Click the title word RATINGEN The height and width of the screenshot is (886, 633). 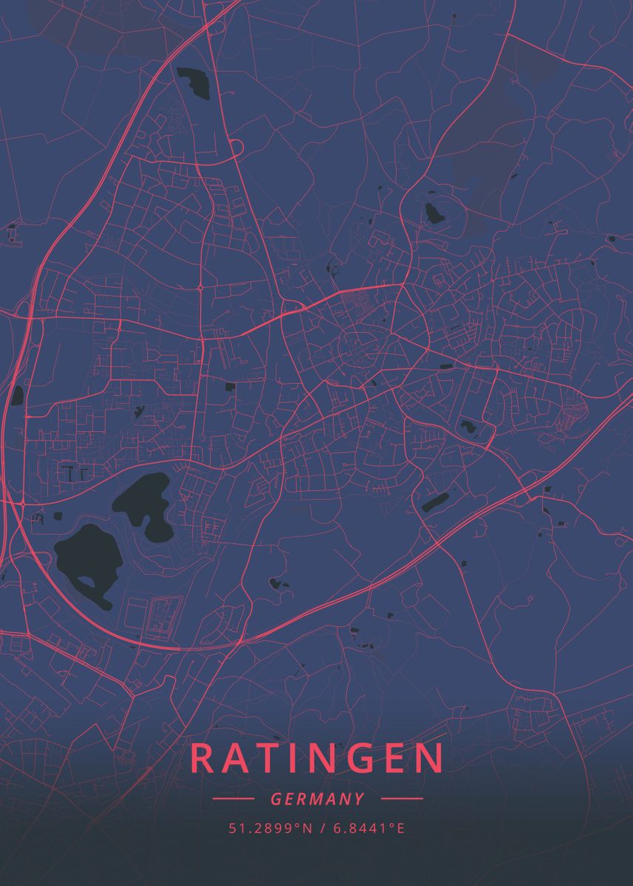click(318, 758)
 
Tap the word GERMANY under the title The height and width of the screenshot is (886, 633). click(318, 799)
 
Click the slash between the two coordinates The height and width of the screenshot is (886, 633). click(323, 828)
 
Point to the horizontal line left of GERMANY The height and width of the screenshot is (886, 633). click(233, 798)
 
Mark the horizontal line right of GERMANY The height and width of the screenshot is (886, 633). click(402, 798)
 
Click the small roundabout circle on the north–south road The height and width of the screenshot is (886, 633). click(200, 288)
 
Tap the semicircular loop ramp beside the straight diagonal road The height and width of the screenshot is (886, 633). click(236, 148)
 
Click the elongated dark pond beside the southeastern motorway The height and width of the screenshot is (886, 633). click(434, 502)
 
